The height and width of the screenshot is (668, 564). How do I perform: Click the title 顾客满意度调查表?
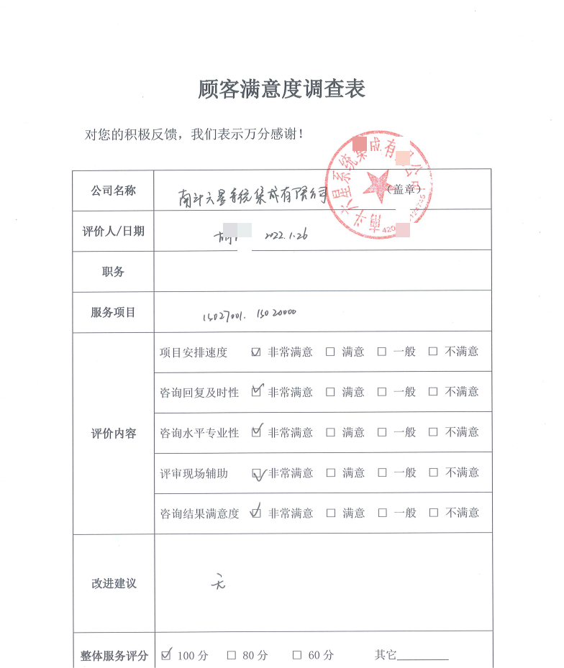pyautogui.click(x=281, y=89)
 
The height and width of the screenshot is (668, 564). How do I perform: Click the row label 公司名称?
pyautogui.click(x=113, y=191)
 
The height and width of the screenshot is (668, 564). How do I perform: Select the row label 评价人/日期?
pyautogui.click(x=113, y=231)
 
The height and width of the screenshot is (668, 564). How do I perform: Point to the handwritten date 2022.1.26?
pyautogui.click(x=286, y=235)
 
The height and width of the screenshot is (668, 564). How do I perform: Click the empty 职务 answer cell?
pyautogui.click(x=322, y=271)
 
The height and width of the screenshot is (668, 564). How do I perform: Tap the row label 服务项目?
pyautogui.click(x=113, y=312)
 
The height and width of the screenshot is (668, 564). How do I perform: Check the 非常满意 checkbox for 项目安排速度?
pyautogui.click(x=256, y=352)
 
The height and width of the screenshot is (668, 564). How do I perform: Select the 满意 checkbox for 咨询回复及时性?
pyautogui.click(x=330, y=393)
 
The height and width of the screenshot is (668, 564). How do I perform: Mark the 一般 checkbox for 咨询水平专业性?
pyautogui.click(x=382, y=433)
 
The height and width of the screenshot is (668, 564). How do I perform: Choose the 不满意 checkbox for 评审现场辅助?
pyautogui.click(x=433, y=473)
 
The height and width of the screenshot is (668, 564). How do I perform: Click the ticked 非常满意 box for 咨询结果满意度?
pyautogui.click(x=255, y=513)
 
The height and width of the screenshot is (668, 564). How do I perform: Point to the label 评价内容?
pyautogui.click(x=113, y=434)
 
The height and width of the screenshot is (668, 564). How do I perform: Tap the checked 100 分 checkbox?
pyautogui.click(x=167, y=655)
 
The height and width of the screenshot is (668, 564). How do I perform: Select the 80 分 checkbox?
pyautogui.click(x=232, y=655)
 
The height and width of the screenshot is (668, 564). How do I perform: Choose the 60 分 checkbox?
pyautogui.click(x=296, y=655)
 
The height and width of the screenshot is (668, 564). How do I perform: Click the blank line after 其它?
pyautogui.click(x=422, y=656)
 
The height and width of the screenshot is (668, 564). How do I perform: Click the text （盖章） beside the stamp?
pyautogui.click(x=404, y=189)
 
